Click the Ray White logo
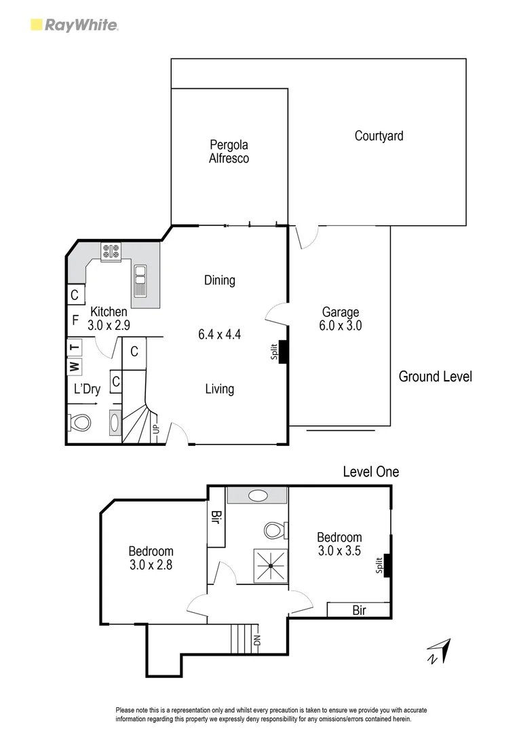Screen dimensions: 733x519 75,26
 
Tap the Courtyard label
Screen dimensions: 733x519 379,136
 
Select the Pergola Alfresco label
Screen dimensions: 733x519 229,151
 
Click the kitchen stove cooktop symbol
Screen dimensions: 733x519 111,252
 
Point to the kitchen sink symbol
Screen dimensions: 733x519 140,280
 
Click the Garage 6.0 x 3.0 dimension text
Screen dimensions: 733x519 341,325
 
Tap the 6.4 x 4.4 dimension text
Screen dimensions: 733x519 220,334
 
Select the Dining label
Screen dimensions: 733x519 220,280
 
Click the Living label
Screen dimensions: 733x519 220,389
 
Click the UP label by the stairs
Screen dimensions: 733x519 155,430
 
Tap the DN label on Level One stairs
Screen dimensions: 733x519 256,640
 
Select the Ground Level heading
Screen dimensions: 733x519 435,376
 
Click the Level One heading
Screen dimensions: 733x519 370,472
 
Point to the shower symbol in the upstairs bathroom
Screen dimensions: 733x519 269,565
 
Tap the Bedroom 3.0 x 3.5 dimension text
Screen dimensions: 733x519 339,550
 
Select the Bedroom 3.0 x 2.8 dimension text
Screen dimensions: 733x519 151,564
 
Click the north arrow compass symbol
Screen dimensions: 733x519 440,650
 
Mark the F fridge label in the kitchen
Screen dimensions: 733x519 75,319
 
